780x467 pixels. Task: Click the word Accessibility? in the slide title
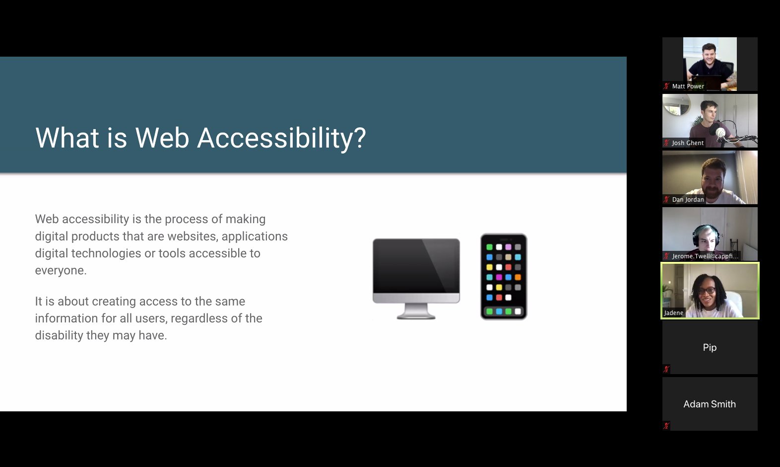click(281, 138)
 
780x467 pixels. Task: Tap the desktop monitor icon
click(416, 279)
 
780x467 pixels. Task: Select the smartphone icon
click(504, 277)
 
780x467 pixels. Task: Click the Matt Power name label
click(688, 86)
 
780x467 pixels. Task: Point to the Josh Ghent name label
click(687, 143)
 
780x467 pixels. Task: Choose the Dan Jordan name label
click(688, 200)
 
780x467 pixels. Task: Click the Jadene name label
click(673, 313)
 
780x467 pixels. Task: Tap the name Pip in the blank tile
click(710, 348)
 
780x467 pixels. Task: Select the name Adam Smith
click(710, 404)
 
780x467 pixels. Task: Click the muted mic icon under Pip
click(666, 369)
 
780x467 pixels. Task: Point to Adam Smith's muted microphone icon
click(666, 425)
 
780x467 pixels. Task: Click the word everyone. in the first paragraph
click(61, 270)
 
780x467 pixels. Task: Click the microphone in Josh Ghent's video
click(720, 132)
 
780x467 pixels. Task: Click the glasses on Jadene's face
click(707, 291)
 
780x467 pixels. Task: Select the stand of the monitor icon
click(416, 311)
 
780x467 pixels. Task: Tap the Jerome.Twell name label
click(705, 256)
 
